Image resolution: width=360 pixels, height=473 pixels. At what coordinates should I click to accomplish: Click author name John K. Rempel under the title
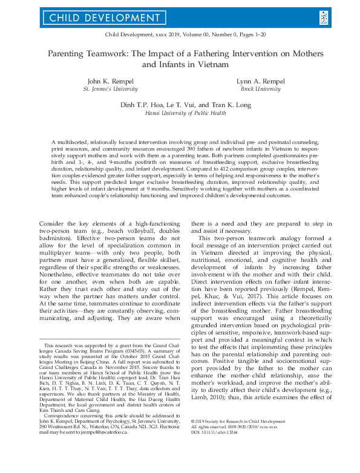point(109,80)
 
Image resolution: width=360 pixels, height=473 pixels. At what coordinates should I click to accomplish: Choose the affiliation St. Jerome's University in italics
point(109,88)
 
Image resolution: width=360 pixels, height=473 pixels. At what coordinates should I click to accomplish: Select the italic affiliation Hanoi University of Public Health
point(180,113)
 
